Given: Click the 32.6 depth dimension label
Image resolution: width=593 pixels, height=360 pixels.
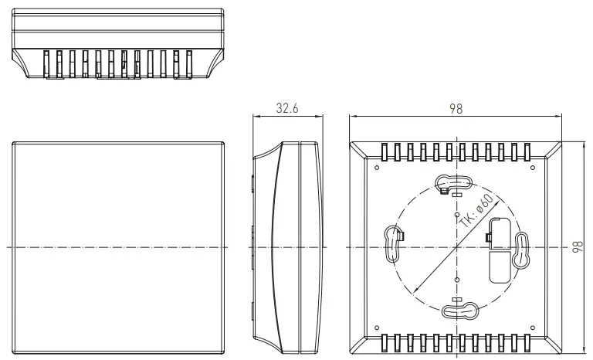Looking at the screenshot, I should [x=287, y=109].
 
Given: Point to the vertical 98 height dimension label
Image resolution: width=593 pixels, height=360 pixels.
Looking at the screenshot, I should [x=577, y=246].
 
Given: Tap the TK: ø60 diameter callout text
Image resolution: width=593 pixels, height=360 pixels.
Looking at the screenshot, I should [x=473, y=209].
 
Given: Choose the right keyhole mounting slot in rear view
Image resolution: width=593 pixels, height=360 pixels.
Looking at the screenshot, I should [x=522, y=250].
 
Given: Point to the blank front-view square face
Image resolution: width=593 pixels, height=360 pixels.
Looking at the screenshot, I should [x=119, y=246].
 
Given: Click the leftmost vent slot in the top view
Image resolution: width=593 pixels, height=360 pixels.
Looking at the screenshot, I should [x=47, y=64].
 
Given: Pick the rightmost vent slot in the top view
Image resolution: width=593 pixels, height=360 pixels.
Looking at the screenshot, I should [x=189, y=64].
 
